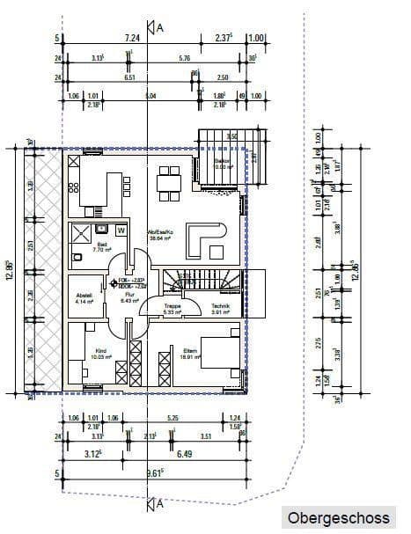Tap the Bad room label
pos(77,246)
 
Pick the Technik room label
pos(219,308)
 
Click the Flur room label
pos(127,296)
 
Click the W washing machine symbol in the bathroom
pos(121,230)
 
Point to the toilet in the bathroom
pos(78,259)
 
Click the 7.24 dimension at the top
pos(133,38)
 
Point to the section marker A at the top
pos(158,27)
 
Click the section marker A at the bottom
pos(158,504)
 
